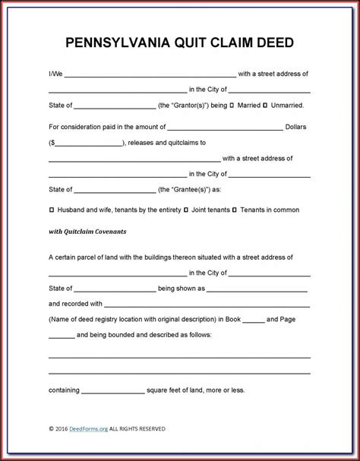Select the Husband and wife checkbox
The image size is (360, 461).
tap(51, 209)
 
